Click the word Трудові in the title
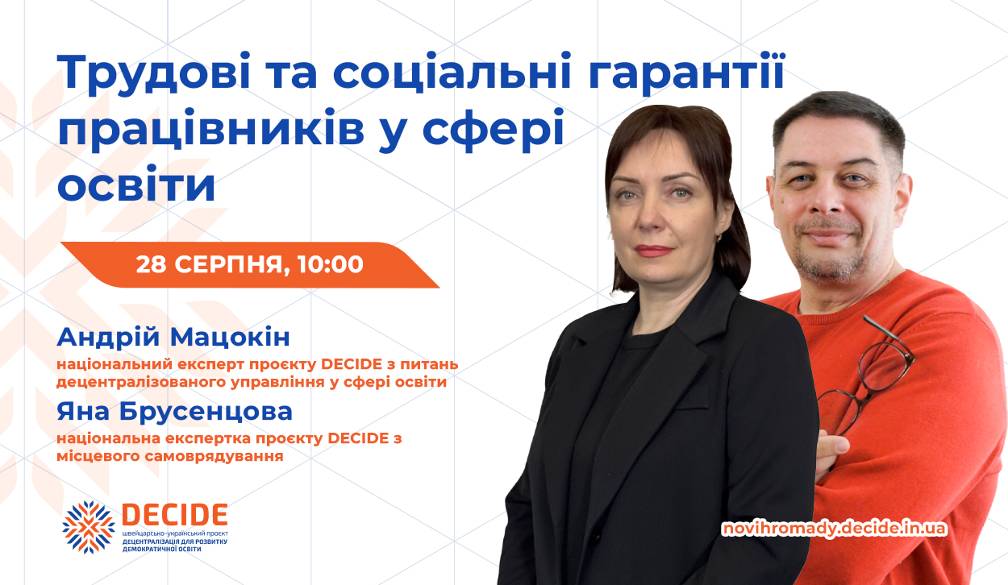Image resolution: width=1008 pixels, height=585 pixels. pyautogui.click(x=153, y=73)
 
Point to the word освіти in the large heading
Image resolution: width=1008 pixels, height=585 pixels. pyautogui.click(x=136, y=185)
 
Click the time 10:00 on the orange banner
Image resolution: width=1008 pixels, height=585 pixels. pyautogui.click(x=330, y=264)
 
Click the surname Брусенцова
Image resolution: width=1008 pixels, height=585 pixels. pyautogui.click(x=206, y=412)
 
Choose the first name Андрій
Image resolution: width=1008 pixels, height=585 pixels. pyautogui.click(x=108, y=337)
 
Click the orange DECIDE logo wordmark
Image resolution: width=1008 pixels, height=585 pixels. pyautogui.click(x=175, y=514)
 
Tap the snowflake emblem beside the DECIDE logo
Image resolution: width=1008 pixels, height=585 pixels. pyautogui.click(x=89, y=526)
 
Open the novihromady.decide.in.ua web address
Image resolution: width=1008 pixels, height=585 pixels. pyautogui.click(x=835, y=529)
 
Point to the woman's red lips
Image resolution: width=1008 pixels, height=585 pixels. pyautogui.click(x=654, y=251)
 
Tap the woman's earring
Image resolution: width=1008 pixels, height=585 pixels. pyautogui.click(x=719, y=237)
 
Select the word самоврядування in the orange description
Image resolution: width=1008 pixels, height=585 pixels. pyautogui.click(x=215, y=456)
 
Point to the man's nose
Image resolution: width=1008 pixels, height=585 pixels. pyautogui.click(x=829, y=199)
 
